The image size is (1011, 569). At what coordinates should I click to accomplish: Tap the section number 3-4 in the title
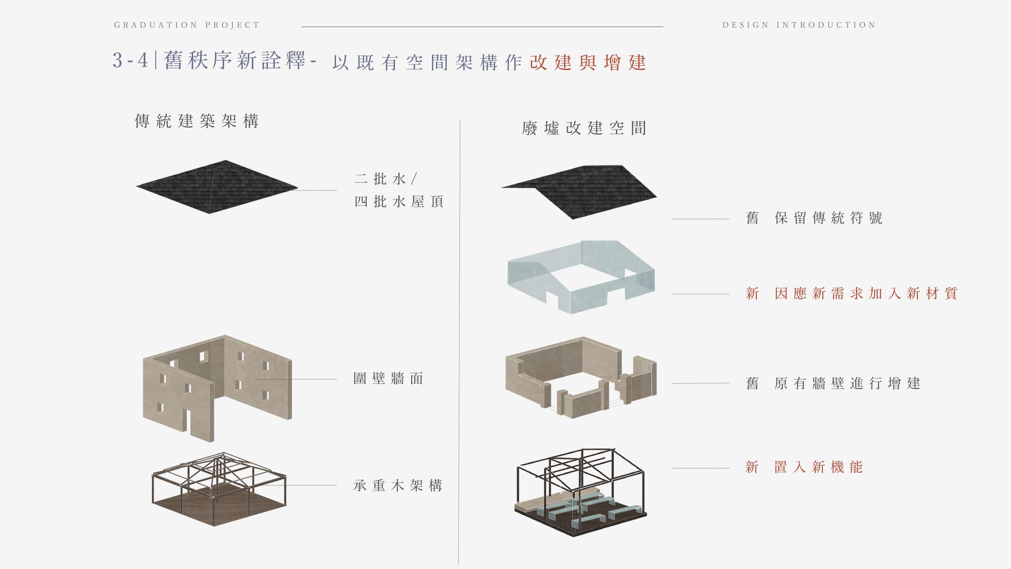[130, 60]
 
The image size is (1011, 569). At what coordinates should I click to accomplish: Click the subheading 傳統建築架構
[196, 121]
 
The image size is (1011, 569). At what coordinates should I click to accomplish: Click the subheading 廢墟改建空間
[584, 128]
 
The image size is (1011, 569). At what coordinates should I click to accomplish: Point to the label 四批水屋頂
[399, 202]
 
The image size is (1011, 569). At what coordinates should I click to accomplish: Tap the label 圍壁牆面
[388, 379]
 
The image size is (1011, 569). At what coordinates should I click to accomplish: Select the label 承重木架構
[398, 486]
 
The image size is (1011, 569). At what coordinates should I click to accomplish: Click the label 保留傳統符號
[828, 218]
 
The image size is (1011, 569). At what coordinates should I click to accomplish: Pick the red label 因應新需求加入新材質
[866, 293]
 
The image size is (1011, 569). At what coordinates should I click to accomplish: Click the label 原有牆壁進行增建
[847, 383]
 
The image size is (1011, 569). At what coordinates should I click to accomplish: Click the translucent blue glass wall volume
[581, 277]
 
